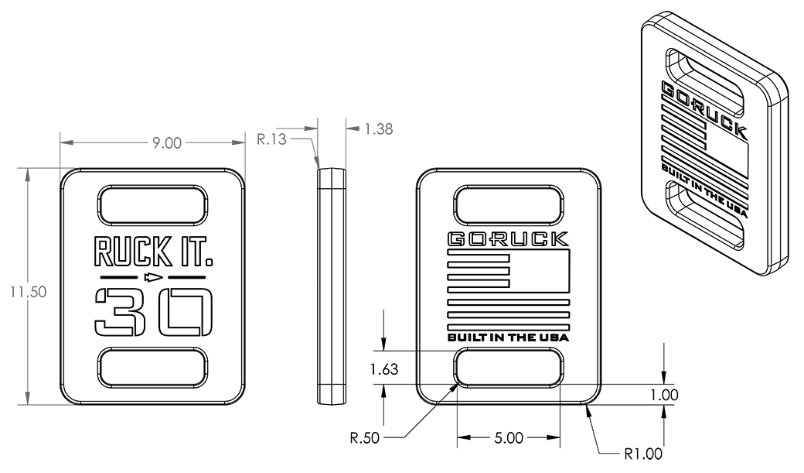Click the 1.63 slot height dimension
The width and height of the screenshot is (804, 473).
[x=383, y=369]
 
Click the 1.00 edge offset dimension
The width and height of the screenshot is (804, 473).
[x=663, y=395]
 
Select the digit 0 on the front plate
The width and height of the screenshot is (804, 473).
[x=185, y=311]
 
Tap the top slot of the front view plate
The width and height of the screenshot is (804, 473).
[x=152, y=204]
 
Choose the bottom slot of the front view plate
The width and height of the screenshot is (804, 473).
[x=152, y=368]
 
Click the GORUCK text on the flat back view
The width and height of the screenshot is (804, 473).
[x=508, y=238]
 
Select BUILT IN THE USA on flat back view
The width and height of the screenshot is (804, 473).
[x=508, y=338]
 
